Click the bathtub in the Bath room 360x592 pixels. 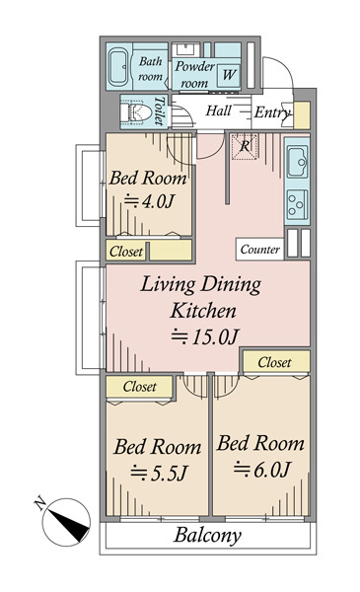point(119,66)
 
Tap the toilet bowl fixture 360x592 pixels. point(135,112)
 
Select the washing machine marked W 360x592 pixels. point(228,74)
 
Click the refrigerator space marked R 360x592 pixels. point(245,146)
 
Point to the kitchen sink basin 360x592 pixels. point(297,161)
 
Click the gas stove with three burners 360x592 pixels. point(297,204)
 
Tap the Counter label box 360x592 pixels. point(260,250)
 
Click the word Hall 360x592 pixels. point(219,111)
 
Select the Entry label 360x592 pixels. point(272,112)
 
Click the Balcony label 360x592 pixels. point(207,535)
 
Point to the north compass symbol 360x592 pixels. point(66,521)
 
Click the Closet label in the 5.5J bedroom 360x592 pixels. point(139,387)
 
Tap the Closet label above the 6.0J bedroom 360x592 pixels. point(274,362)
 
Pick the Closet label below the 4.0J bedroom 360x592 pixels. point(126,252)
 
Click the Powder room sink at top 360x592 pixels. point(186,49)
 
